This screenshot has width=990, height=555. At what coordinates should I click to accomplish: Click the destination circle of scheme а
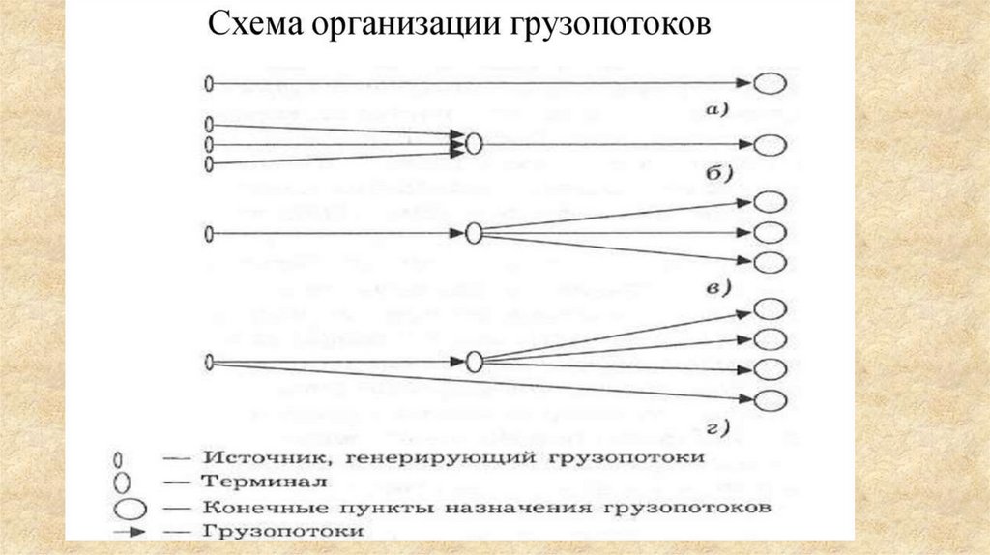click(770, 85)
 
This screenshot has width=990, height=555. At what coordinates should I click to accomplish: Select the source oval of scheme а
click(209, 85)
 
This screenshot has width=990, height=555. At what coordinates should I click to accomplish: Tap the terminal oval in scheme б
click(473, 145)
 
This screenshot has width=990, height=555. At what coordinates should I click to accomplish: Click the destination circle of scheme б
click(770, 145)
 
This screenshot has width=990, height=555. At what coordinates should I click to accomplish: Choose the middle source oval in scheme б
click(209, 145)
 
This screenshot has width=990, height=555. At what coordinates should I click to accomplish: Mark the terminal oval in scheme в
click(473, 234)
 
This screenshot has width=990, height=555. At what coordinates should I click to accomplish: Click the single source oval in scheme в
click(209, 234)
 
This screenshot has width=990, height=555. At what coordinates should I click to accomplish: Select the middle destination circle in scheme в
click(770, 233)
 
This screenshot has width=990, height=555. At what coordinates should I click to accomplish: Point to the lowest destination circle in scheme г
click(770, 400)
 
